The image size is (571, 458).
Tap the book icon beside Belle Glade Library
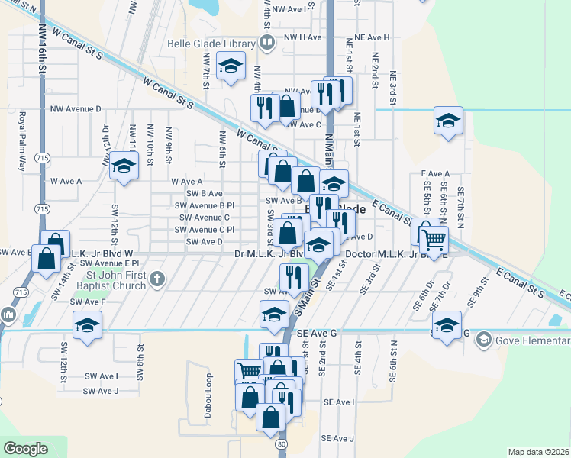click(x=266, y=43)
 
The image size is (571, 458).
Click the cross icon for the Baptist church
click(x=157, y=279)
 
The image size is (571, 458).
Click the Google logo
click(x=25, y=449)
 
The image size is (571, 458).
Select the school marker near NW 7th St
click(x=231, y=66)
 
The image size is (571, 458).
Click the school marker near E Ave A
click(x=448, y=121)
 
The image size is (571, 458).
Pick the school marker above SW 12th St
click(x=122, y=166)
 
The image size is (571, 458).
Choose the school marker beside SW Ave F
click(x=88, y=324)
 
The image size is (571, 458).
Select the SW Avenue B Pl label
click(x=205, y=205)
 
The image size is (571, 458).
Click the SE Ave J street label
click(x=338, y=438)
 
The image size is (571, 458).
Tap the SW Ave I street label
click(x=101, y=376)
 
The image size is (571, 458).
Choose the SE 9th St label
click(x=478, y=293)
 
